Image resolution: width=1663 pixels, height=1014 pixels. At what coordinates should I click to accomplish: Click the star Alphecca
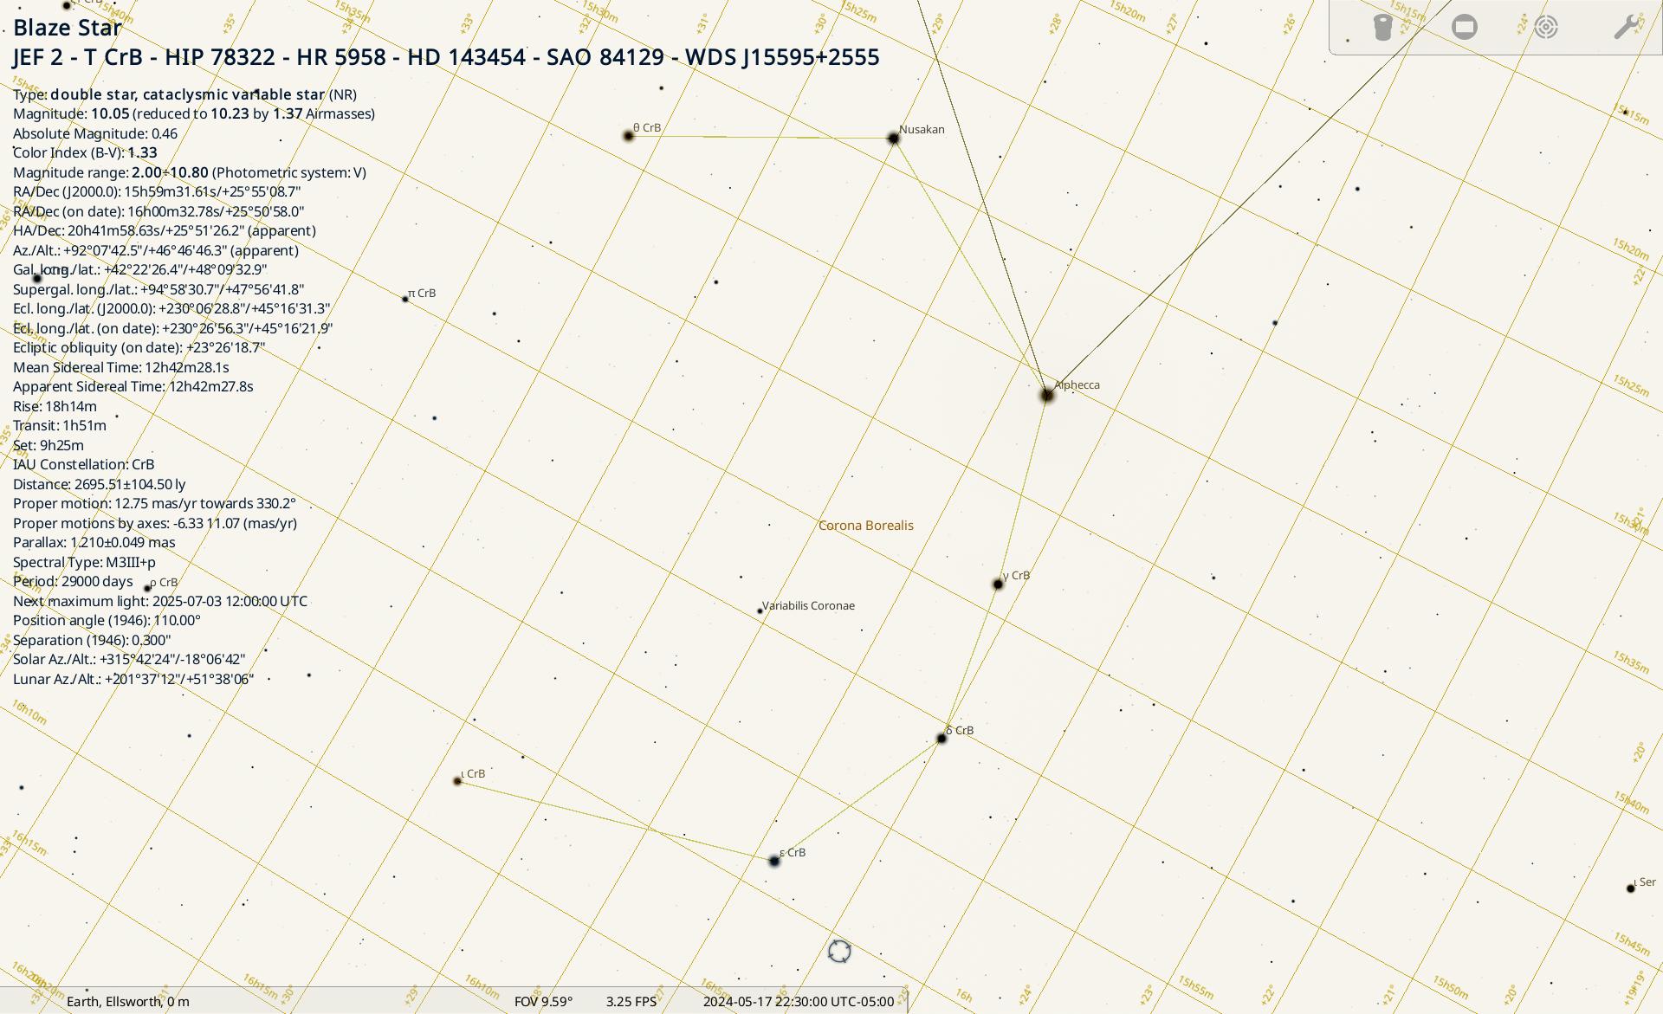(1047, 396)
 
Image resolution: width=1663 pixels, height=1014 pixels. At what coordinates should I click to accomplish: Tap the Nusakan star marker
(894, 139)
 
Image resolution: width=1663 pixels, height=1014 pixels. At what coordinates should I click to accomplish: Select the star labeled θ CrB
(629, 136)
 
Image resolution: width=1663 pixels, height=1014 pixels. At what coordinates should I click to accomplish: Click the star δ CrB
(942, 739)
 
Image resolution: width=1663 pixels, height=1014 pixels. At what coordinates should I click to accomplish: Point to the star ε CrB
(774, 861)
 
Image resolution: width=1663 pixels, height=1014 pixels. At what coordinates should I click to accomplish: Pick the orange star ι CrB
(458, 781)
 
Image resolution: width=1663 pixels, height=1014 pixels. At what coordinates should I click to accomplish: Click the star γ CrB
(998, 585)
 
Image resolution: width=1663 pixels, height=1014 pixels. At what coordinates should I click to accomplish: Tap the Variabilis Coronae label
(808, 605)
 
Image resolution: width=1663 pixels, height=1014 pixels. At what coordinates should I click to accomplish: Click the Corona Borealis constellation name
(865, 526)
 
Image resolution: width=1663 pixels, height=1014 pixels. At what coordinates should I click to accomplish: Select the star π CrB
(405, 299)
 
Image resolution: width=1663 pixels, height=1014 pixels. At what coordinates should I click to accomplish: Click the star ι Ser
(1631, 888)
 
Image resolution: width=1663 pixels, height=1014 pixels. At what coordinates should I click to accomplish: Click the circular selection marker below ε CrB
(839, 951)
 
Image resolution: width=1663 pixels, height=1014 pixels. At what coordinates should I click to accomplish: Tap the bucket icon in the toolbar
(1382, 27)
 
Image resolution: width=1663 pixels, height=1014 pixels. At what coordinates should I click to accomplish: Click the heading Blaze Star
(68, 28)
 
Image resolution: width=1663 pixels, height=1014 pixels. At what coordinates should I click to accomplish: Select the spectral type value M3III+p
(131, 562)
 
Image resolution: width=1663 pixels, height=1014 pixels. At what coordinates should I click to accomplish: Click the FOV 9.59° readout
(543, 1002)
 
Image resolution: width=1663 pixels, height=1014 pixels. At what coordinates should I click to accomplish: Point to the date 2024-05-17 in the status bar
(737, 1002)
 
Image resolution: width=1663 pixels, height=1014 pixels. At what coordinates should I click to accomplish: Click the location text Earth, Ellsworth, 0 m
(128, 1002)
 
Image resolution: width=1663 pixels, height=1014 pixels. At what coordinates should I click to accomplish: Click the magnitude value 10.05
(110, 113)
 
